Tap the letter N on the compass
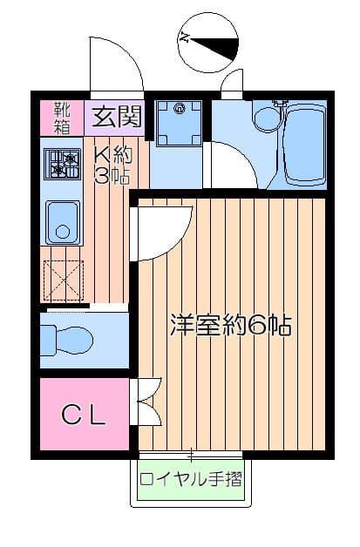pos(185,37)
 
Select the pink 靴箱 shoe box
pos(62,117)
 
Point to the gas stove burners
pos(63,163)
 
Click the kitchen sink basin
pos(62,223)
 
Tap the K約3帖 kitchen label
pos(112,164)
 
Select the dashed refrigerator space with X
pos(63,280)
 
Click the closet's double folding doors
pos(146,402)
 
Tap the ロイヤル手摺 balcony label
pos(191,479)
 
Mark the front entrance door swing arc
pos(113,65)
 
